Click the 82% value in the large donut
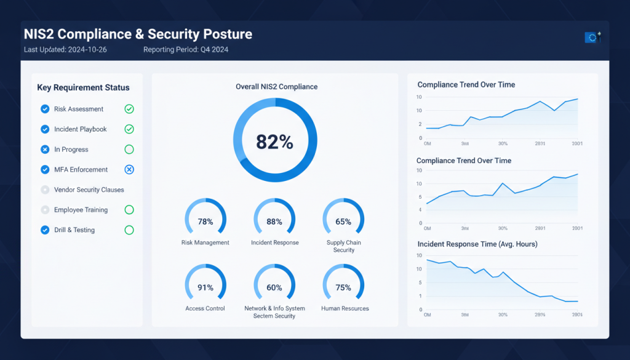274,142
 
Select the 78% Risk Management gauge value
205,222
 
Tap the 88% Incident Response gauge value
274,222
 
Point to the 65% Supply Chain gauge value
343,222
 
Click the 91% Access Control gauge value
205,287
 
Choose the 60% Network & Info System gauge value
274,287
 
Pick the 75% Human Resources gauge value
343,287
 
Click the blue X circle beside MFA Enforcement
129,170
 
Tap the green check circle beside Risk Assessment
129,109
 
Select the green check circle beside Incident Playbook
129,129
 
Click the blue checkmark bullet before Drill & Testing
45,230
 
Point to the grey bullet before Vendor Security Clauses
45,190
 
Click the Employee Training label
81,210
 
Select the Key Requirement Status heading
83,87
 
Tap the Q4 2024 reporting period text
215,50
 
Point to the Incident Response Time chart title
477,244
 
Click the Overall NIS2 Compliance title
276,87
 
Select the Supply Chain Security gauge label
343,246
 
